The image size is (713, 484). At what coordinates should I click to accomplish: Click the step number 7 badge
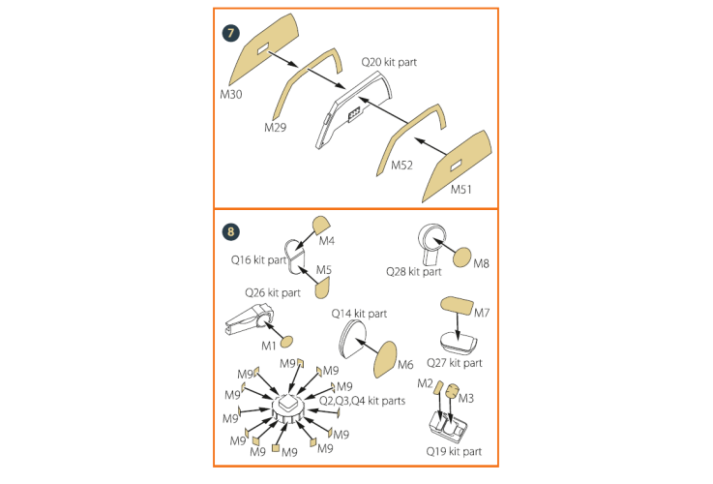coord(230,33)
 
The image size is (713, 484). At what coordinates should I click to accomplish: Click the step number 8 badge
coord(230,232)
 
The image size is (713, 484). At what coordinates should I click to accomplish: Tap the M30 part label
coord(231,94)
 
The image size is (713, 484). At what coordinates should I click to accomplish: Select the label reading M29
coord(276,128)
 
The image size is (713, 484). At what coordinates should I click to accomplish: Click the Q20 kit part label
coord(389,62)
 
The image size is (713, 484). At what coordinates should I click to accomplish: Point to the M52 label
coord(402,166)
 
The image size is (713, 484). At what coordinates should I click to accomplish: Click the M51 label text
coord(461,189)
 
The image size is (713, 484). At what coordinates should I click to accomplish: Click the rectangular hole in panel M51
coord(456,166)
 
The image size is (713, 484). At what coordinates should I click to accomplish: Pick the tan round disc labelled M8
coord(462,257)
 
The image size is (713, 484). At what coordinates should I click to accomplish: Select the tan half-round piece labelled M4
coord(321,224)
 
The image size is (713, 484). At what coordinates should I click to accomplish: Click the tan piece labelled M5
coord(322,287)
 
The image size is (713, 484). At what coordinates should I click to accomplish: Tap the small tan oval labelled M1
coord(286,341)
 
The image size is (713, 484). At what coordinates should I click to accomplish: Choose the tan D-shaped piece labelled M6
coord(385,359)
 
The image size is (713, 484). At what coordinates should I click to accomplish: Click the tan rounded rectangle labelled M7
coord(457,306)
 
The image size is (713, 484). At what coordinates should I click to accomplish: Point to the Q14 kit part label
coord(359,314)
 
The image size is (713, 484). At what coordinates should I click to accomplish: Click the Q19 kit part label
coord(454,451)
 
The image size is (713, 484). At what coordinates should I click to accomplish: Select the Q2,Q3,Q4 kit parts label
coord(363,401)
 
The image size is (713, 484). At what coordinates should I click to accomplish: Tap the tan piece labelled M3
coord(452,391)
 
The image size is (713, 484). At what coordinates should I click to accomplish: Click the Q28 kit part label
coord(414,272)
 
